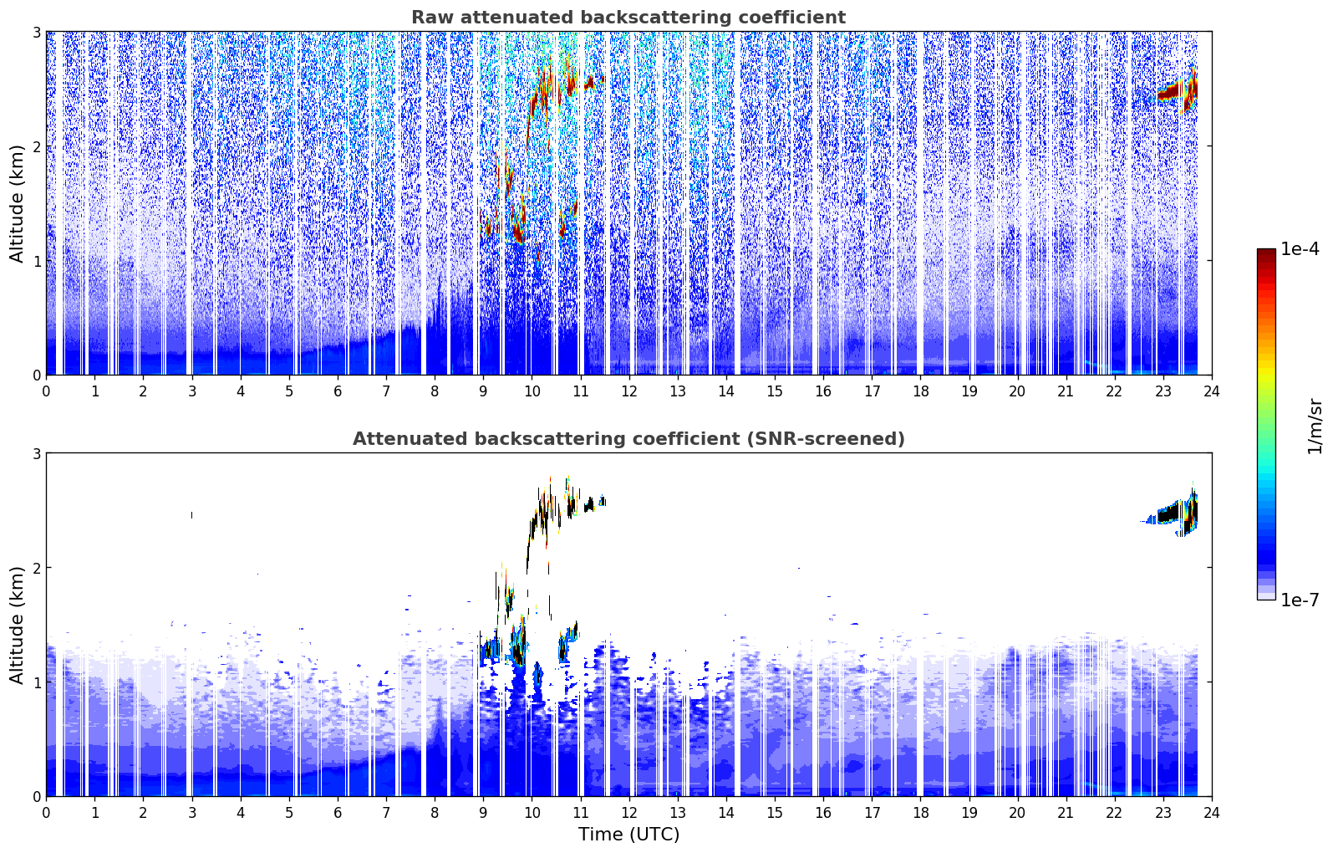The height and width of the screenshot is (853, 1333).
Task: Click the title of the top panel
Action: (628, 18)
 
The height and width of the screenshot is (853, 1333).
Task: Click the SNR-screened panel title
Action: (628, 439)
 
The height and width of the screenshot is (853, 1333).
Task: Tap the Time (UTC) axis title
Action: (628, 835)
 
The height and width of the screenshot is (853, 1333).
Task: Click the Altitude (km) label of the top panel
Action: (17, 204)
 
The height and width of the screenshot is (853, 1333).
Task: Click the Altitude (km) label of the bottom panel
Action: (17, 625)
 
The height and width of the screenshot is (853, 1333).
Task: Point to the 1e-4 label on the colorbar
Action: (1300, 249)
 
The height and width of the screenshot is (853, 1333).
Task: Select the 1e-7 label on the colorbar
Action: (1300, 600)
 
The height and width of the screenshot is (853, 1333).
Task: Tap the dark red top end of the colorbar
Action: (1266, 252)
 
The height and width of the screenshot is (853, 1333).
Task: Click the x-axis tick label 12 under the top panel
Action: (629, 391)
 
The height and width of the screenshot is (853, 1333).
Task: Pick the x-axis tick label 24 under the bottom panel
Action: (1212, 813)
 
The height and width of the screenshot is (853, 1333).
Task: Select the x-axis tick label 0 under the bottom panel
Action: (47, 813)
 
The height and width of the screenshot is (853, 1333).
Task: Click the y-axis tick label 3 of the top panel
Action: (36, 32)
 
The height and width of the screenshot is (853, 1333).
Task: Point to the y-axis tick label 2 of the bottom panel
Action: (36, 568)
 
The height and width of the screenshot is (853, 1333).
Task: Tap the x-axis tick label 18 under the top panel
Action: (921, 391)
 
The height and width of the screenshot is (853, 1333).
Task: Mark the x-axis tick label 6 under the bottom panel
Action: (338, 813)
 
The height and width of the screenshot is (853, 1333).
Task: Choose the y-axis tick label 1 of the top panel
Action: (36, 260)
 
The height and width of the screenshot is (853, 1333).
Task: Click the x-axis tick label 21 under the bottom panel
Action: (1066, 813)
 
